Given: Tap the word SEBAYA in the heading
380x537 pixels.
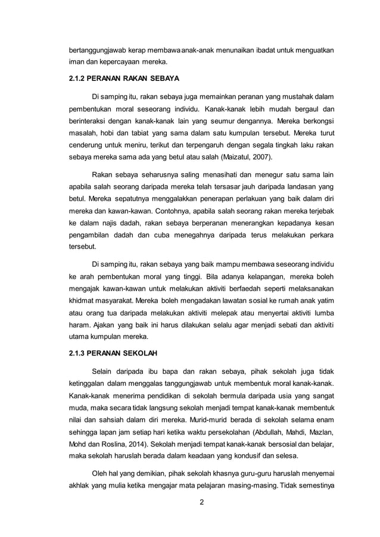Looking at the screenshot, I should pos(163,78).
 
